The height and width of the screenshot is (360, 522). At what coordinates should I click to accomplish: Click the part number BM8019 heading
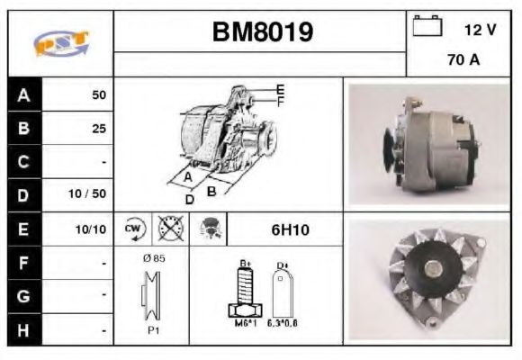(262, 32)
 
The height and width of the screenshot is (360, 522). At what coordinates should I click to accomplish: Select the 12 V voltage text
(480, 30)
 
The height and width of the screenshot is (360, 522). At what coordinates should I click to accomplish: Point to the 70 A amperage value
(463, 60)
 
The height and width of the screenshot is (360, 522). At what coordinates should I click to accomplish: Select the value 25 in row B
(98, 128)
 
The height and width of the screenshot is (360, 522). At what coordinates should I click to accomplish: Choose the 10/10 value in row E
(91, 229)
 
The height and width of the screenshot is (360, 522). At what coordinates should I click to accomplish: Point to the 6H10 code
(290, 229)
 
